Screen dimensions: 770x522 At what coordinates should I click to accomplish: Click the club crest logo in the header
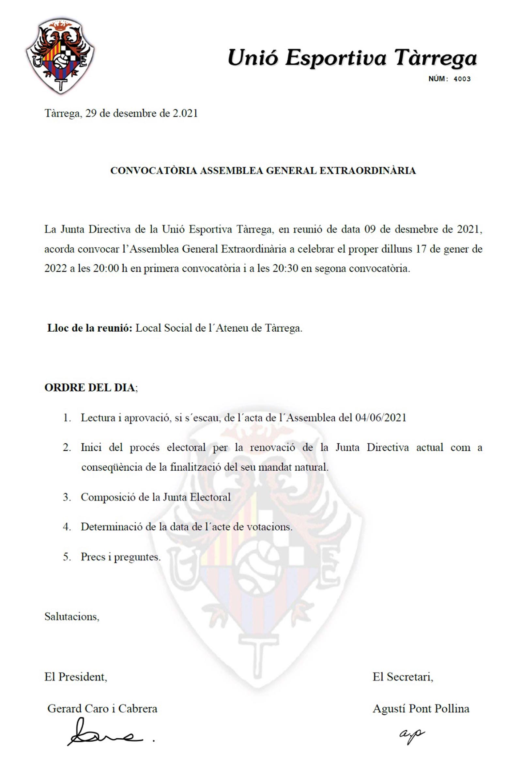(x=60, y=55)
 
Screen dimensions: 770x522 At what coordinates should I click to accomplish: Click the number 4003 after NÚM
(x=462, y=79)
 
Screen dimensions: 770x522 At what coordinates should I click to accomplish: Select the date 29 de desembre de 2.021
(x=141, y=114)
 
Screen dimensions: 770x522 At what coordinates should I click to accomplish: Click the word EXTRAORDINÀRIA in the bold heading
(x=367, y=171)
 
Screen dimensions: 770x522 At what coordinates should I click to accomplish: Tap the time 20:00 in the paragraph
(x=106, y=268)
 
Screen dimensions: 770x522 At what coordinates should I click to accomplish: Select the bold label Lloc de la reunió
(x=90, y=328)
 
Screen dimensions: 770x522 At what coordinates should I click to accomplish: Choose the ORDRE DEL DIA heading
(x=90, y=387)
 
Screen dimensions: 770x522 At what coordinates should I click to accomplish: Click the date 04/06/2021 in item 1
(x=380, y=417)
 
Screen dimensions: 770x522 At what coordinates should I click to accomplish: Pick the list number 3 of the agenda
(x=67, y=497)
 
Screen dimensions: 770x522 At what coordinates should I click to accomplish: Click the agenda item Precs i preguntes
(x=121, y=557)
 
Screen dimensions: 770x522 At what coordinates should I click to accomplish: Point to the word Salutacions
(x=71, y=616)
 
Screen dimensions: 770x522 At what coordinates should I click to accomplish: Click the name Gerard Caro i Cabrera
(x=102, y=708)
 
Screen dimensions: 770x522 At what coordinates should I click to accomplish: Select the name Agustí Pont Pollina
(x=421, y=708)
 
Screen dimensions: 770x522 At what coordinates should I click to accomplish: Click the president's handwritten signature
(x=106, y=737)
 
